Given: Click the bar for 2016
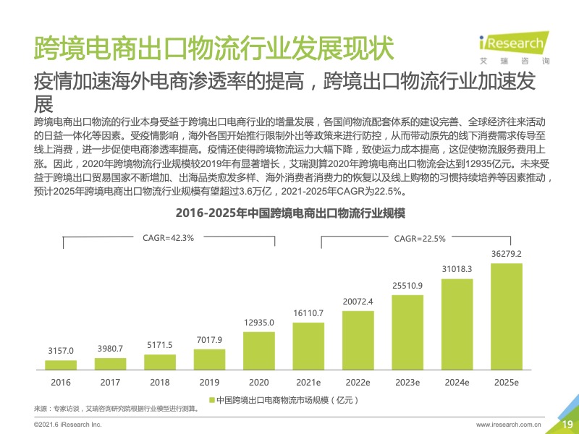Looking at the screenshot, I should click(x=60, y=365).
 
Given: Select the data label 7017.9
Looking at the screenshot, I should click(x=209, y=339).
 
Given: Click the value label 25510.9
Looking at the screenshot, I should click(x=407, y=285).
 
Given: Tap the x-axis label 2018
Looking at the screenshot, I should click(x=160, y=382).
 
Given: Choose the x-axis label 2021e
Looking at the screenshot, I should click(x=309, y=382).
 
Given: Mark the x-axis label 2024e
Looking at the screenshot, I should click(x=457, y=382).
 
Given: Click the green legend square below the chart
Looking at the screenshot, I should click(x=212, y=399).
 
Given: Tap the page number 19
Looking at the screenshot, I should click(x=567, y=424).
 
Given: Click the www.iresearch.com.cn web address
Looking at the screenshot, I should click(x=509, y=425).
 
